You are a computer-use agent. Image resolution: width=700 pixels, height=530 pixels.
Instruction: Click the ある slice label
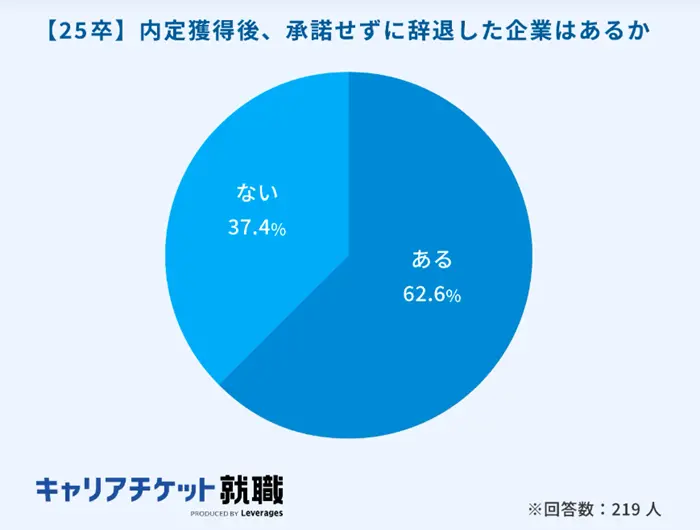[x=433, y=260]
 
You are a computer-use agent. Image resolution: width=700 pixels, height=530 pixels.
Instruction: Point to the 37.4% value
[x=257, y=228]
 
